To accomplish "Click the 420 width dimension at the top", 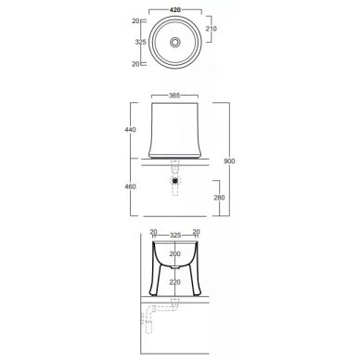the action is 175,10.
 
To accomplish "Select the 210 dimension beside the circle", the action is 212,29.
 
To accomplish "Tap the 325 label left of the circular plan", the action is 141,42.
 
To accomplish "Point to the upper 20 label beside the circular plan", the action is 135,21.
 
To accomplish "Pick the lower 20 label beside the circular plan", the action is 135,64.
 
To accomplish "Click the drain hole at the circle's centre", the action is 175,42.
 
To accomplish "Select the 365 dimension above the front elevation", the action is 174,96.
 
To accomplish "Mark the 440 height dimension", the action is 130,130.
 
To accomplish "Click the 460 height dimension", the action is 130,186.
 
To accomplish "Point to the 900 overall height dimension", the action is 229,161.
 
